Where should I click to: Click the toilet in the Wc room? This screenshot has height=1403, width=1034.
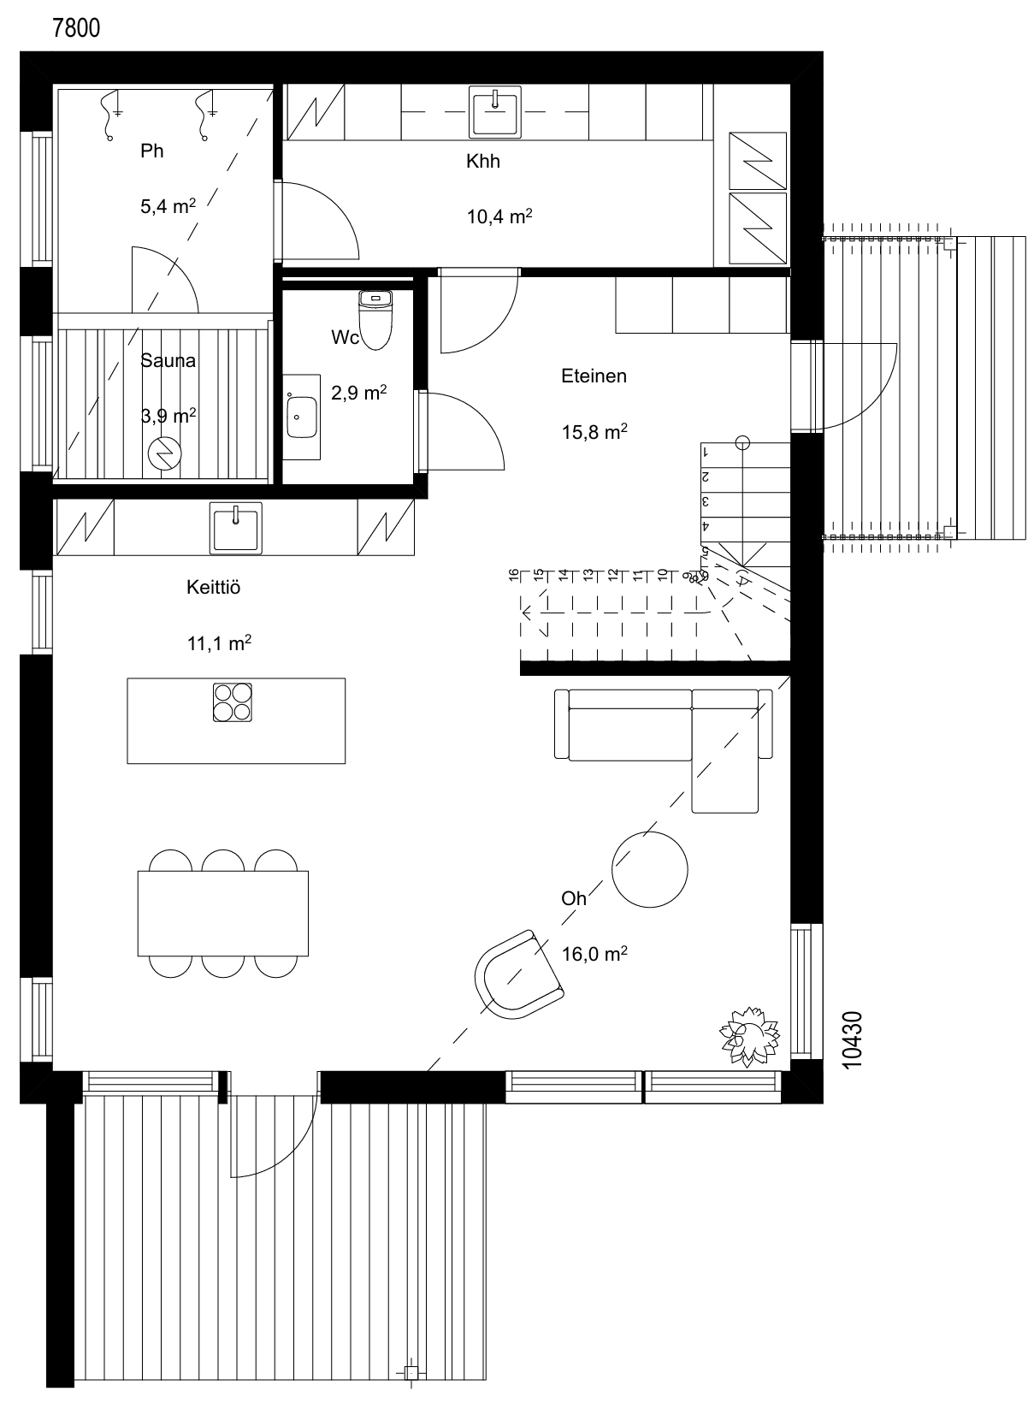point(375,319)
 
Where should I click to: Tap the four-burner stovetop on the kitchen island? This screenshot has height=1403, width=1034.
point(233,702)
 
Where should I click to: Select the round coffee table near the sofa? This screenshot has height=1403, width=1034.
point(649,869)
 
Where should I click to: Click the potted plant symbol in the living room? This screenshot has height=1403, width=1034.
point(749,1036)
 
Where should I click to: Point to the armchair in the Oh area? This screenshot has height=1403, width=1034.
point(518,974)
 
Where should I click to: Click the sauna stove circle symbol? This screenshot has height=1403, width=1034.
point(164,453)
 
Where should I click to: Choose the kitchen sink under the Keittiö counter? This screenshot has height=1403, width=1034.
point(235,527)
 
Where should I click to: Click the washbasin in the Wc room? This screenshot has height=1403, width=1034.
point(302,417)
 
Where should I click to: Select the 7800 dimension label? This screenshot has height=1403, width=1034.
point(76,28)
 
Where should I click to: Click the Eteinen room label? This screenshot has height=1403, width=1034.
point(594,376)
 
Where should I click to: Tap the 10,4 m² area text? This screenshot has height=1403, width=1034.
point(499,216)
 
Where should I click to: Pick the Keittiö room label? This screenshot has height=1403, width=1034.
point(214,587)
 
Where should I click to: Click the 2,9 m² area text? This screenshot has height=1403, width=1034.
point(358,393)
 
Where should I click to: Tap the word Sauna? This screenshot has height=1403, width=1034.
point(168,360)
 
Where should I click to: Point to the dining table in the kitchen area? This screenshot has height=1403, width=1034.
point(223,913)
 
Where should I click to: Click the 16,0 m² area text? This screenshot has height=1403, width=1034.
point(594,954)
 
